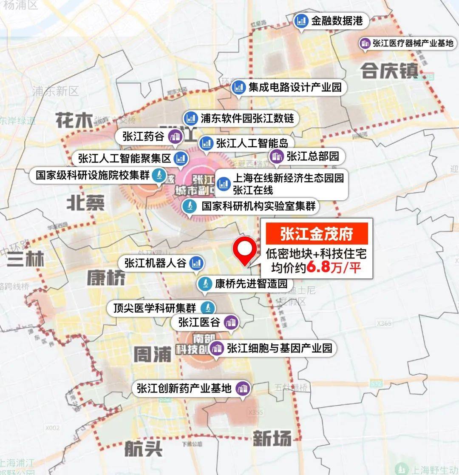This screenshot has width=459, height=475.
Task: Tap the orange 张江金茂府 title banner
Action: pyautogui.click(x=317, y=234)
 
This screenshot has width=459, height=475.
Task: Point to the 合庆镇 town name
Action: pyautogui.click(x=390, y=71)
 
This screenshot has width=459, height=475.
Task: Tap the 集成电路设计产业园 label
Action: pyautogui.click(x=295, y=88)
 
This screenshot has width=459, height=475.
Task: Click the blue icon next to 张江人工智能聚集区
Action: pyautogui.click(x=181, y=159)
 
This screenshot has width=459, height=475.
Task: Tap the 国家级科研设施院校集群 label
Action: pyautogui.click(x=93, y=175)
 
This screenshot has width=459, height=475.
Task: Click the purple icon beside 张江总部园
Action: pyautogui.click(x=277, y=156)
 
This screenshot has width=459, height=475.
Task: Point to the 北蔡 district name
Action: pyautogui.click(x=85, y=203)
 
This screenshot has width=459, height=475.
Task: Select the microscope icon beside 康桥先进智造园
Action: pyautogui.click(x=205, y=283)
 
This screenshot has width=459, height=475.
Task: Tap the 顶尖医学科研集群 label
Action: pyautogui.click(x=155, y=307)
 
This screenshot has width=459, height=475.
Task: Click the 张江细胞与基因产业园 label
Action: pyautogui.click(x=279, y=348)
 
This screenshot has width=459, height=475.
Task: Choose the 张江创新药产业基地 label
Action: pyautogui.click(x=184, y=388)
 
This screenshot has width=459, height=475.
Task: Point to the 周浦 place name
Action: pyautogui.click(x=152, y=354)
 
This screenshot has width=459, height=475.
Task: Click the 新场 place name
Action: pyautogui.click(x=272, y=438)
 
